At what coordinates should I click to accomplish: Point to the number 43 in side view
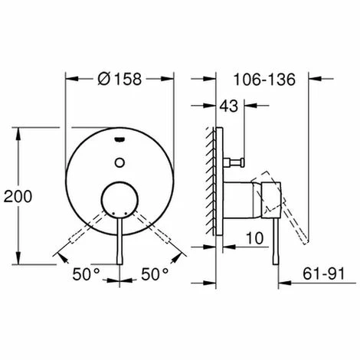[x=229, y=106]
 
